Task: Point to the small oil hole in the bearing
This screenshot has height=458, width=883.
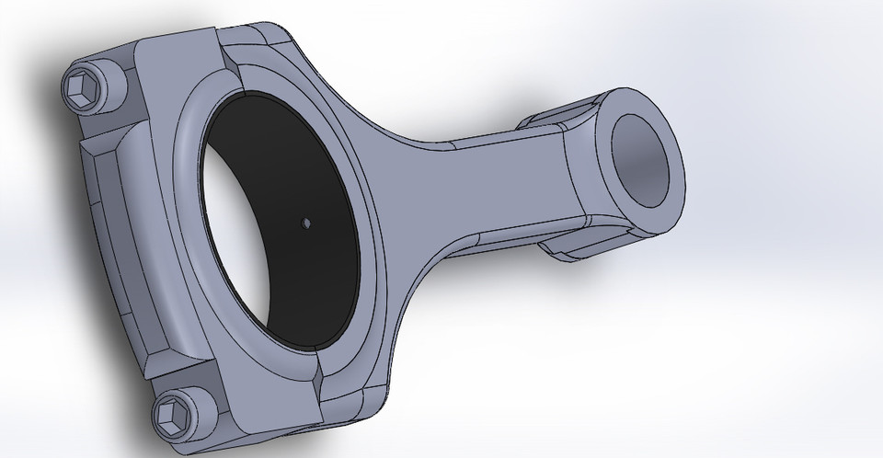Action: (306, 222)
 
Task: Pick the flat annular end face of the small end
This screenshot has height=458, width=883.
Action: (614, 193)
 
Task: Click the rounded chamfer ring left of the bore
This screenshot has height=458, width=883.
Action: (189, 230)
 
